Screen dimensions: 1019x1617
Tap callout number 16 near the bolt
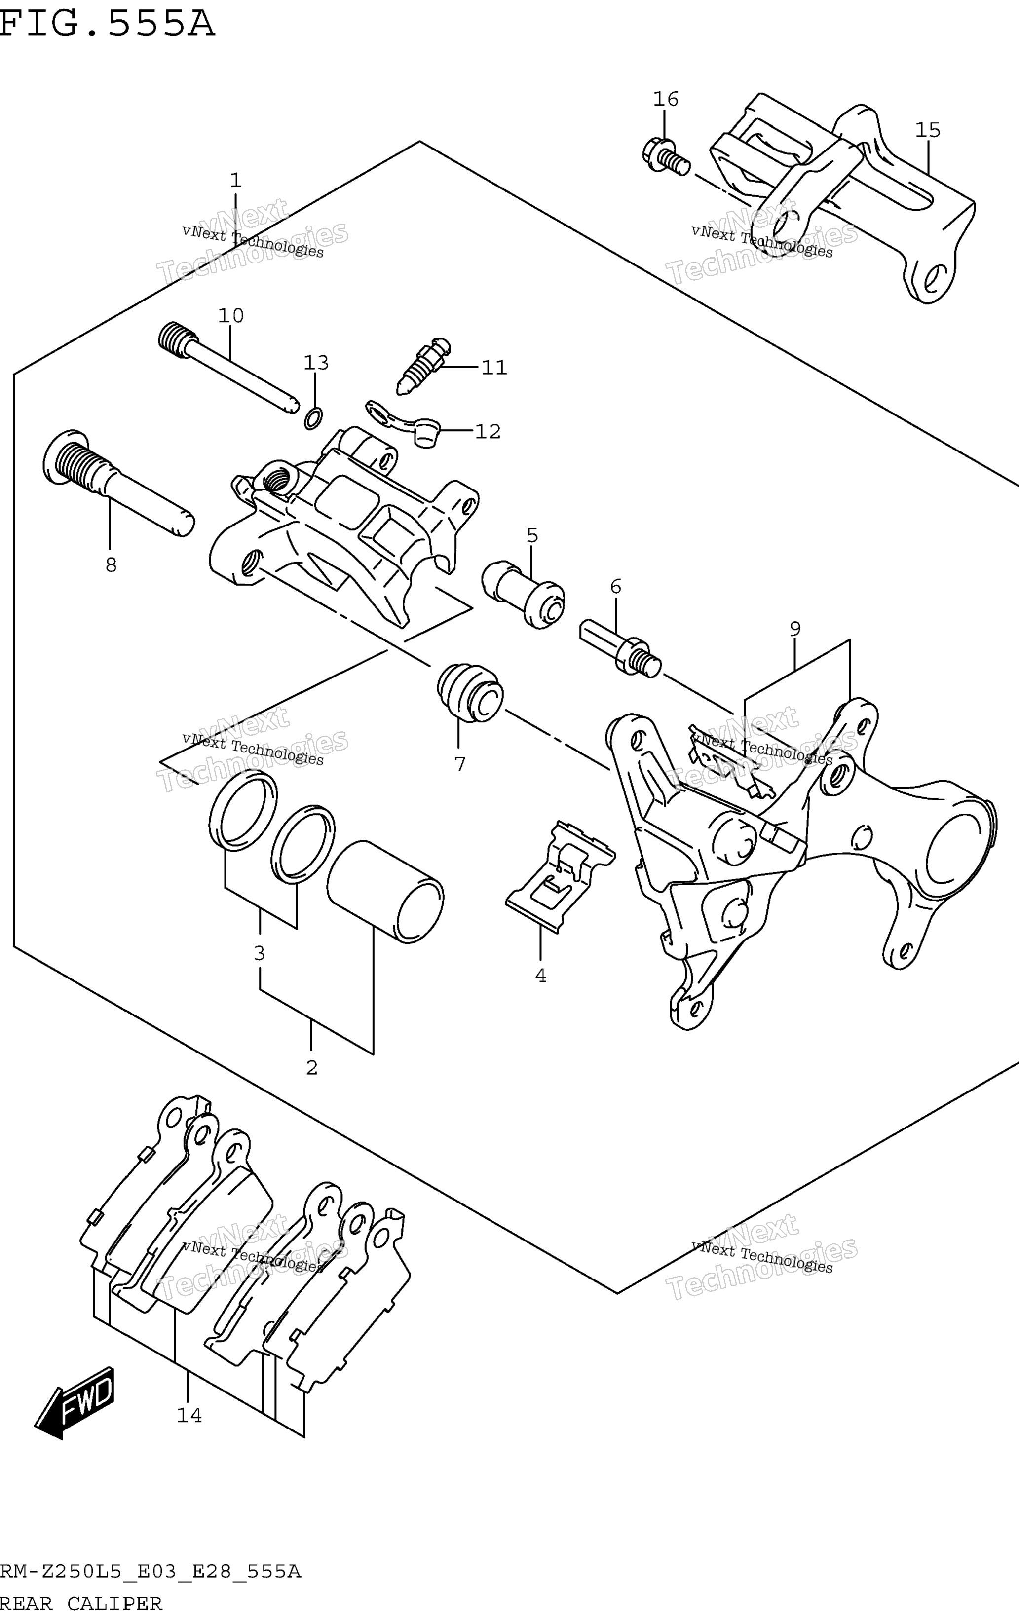pyautogui.click(x=666, y=99)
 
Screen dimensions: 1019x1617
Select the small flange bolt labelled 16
pyautogui.click(x=666, y=157)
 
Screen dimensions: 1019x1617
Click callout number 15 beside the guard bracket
pyautogui.click(x=928, y=130)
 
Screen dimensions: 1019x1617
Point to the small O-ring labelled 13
pyautogui.click(x=313, y=417)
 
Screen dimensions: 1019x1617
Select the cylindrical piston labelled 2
pyautogui.click(x=385, y=892)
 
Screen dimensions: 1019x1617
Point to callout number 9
pyautogui.click(x=794, y=629)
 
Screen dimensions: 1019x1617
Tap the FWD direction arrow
pyautogui.click(x=75, y=1403)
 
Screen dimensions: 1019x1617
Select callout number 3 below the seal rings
pyautogui.click(x=259, y=953)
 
